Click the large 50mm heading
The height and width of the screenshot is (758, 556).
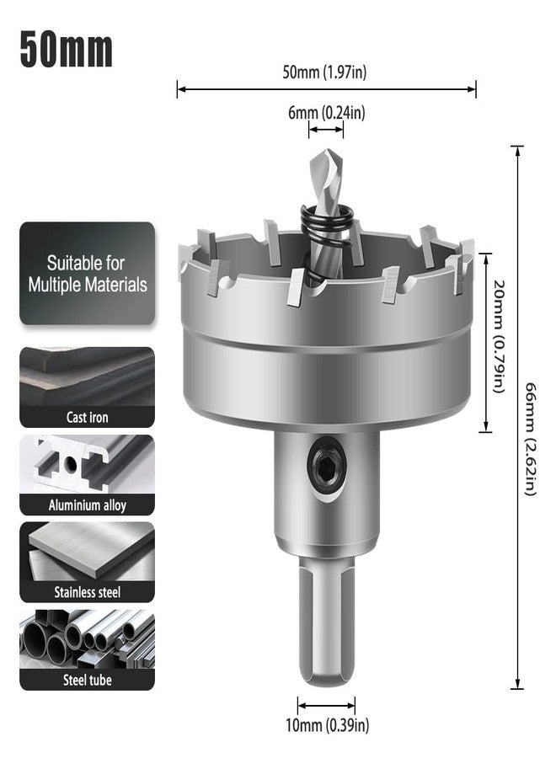pos(67,50)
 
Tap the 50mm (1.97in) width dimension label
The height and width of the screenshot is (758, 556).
pos(324,72)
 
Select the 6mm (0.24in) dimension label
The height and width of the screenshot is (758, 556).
pos(326,113)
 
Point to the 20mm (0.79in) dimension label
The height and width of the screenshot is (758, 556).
pos(499,336)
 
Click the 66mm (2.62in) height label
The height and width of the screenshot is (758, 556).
pos(531,439)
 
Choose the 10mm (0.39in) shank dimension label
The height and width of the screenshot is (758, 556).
pos(328,725)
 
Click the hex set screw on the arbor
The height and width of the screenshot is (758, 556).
pos(327,468)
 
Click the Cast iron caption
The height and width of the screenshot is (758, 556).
pos(87,417)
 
